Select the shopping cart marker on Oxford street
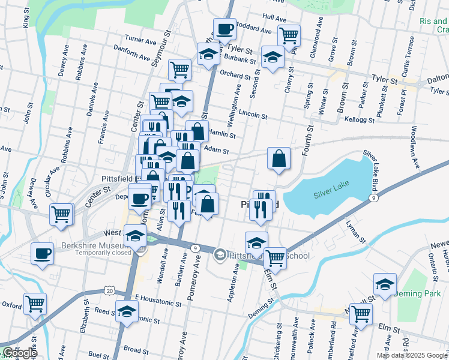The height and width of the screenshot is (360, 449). [35, 304]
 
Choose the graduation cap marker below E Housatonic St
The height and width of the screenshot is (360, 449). [127, 312]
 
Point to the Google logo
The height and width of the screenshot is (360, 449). [19, 353]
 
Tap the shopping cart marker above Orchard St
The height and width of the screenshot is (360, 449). [179, 69]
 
